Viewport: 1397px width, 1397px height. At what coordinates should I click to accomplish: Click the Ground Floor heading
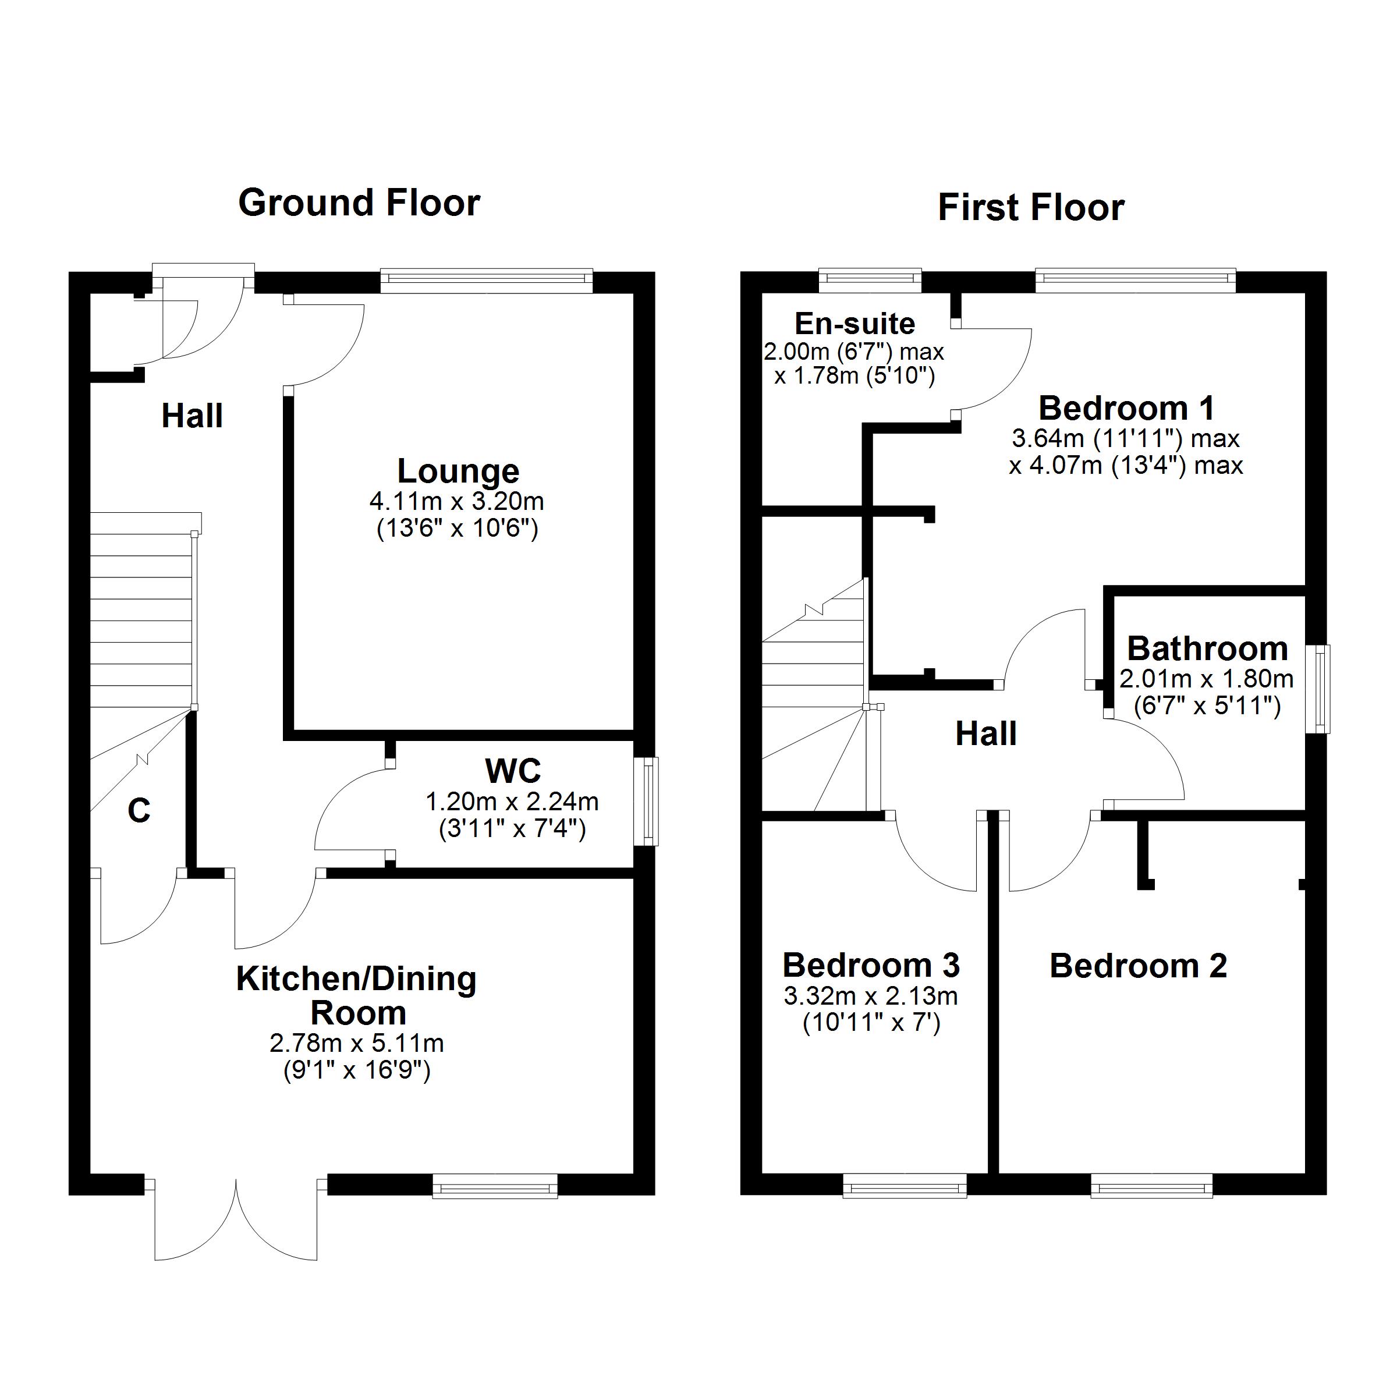click(x=359, y=203)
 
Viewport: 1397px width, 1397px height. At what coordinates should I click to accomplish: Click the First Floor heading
click(x=1030, y=208)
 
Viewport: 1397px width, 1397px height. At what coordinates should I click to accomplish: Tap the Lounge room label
click(x=458, y=471)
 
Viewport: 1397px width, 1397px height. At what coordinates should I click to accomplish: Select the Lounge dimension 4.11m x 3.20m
click(x=456, y=501)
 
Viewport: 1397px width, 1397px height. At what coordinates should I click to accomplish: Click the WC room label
click(x=513, y=771)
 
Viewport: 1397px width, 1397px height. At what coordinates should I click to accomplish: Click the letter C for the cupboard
click(x=139, y=811)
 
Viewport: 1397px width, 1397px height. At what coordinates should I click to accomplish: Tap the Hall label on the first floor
click(x=985, y=733)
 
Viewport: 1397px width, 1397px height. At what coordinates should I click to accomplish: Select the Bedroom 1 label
click(x=1126, y=408)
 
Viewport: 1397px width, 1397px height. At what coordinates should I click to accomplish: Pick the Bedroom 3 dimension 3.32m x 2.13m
click(x=871, y=996)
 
